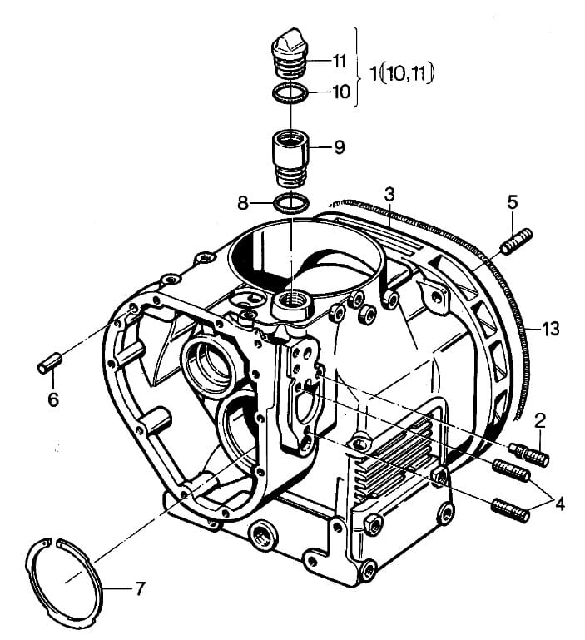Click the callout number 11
point(340,62)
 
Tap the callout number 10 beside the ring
point(341,92)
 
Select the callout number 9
point(340,147)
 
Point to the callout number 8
point(243,202)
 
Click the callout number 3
point(389,195)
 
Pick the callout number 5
point(513,202)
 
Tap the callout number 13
point(551,329)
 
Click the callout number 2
point(540,421)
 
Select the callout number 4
point(560,504)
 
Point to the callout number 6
point(53,399)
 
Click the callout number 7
point(140,588)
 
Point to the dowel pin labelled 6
point(49,363)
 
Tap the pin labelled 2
point(529,454)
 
